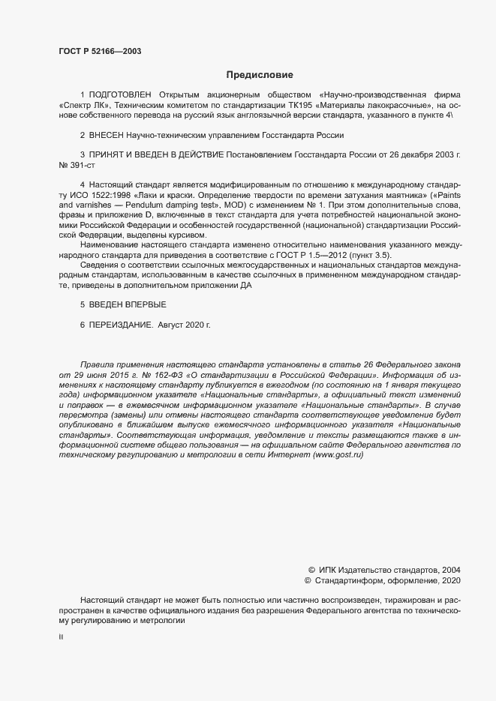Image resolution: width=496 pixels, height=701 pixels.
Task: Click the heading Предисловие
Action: coord(260,75)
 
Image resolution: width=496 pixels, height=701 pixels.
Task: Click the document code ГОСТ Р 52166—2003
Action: coord(100,51)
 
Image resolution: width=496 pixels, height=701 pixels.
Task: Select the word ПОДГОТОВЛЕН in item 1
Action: coord(120,95)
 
